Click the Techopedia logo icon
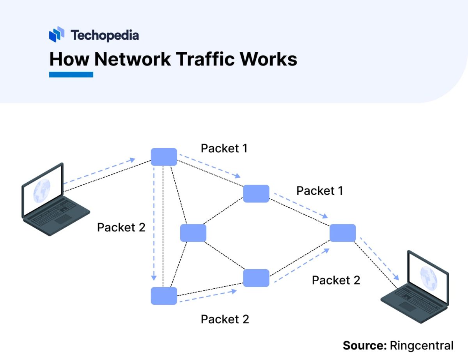tap(57, 35)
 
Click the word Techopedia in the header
tap(105, 35)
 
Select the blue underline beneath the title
tap(71, 74)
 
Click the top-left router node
tap(164, 157)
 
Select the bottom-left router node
tap(164, 296)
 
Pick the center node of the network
tap(193, 233)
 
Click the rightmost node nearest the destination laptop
tap(342, 233)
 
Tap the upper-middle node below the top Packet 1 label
tap(256, 194)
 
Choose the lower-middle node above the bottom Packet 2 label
tap(256, 278)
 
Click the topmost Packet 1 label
tap(224, 148)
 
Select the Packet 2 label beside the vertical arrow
tap(121, 228)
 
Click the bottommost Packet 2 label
tap(225, 319)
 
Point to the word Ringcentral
tap(421, 346)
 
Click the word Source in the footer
tap(363, 346)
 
